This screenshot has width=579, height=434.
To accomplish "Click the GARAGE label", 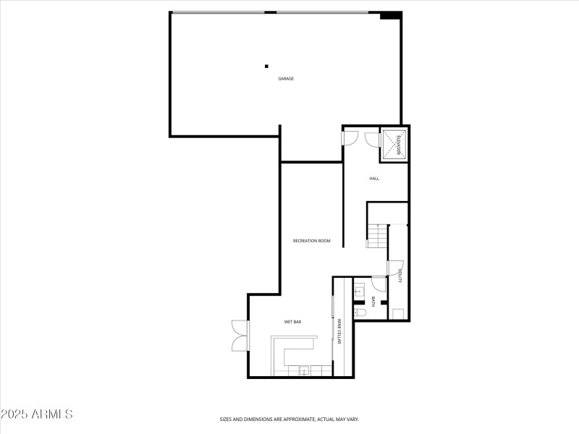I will [x=286, y=78].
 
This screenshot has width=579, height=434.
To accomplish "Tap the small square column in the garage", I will [x=266, y=67].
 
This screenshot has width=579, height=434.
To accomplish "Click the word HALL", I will [x=374, y=178].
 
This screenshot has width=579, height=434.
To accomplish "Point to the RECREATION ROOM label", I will [x=311, y=241].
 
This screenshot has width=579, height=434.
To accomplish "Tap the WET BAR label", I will [x=292, y=321].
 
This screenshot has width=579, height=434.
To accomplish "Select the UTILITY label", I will [x=399, y=276].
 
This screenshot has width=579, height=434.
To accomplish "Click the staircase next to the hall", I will [x=376, y=236].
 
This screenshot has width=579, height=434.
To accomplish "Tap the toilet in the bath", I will [x=359, y=312].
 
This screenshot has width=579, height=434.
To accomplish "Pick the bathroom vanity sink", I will [x=359, y=292].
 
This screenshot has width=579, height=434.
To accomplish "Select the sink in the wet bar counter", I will [x=304, y=371].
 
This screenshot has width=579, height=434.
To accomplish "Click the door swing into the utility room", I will [x=395, y=268].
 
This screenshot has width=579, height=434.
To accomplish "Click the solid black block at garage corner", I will [x=390, y=15].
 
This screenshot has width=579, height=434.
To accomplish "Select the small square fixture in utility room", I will [x=397, y=313].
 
